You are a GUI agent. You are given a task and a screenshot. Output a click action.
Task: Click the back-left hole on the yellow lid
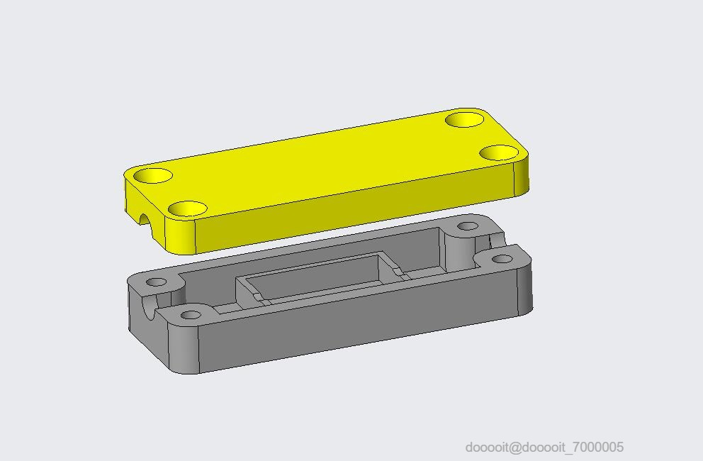pyautogui.click(x=153, y=175)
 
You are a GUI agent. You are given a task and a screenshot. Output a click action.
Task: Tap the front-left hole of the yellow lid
pyautogui.click(x=188, y=209)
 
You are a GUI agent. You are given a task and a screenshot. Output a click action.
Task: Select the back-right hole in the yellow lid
pyautogui.click(x=465, y=120)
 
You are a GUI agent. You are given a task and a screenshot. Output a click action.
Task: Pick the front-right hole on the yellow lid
pyautogui.click(x=499, y=152)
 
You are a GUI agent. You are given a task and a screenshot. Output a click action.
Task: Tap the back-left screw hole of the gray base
pyautogui.click(x=157, y=282)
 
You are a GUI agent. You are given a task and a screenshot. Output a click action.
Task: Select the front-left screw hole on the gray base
pyautogui.click(x=191, y=315)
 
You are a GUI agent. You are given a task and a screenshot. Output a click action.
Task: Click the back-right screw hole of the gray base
pyautogui.click(x=468, y=226)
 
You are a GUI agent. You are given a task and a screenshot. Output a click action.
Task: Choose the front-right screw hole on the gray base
pyautogui.click(x=502, y=259)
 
